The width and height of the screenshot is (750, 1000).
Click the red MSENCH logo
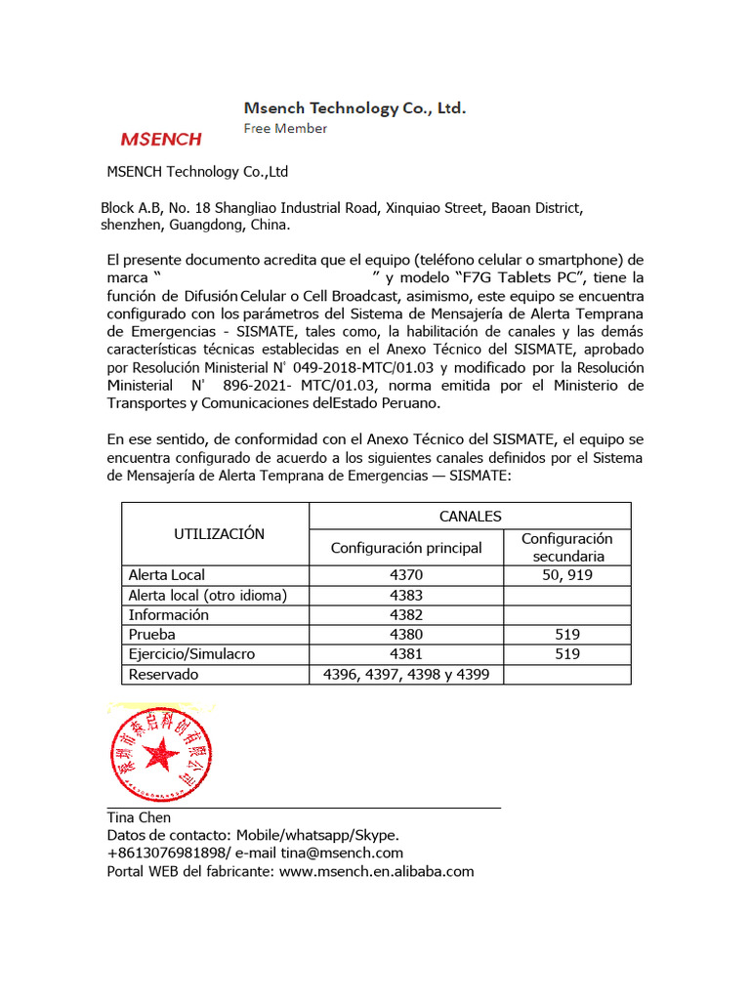[x=160, y=139]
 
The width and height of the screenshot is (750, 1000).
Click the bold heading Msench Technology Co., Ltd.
[x=354, y=108]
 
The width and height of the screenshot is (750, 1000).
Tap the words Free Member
[x=285, y=128]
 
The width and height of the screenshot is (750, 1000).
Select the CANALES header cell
[x=470, y=516]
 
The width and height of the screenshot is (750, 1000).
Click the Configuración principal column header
[x=406, y=548]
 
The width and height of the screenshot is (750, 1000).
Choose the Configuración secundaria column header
[x=566, y=547]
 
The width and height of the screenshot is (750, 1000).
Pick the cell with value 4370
[x=406, y=575]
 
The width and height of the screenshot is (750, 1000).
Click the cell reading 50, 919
[x=566, y=575]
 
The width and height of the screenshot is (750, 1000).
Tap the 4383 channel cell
[x=406, y=595]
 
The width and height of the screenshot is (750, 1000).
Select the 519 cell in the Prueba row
[x=566, y=634]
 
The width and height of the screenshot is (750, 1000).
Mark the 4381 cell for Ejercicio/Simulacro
[x=406, y=653]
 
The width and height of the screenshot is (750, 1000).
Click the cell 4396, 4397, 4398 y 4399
[x=406, y=674]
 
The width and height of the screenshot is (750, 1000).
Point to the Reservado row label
[x=163, y=674]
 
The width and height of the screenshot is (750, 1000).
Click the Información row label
[x=169, y=614]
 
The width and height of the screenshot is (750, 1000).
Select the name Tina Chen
[x=139, y=817]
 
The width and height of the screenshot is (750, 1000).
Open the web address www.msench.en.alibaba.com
[x=376, y=871]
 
